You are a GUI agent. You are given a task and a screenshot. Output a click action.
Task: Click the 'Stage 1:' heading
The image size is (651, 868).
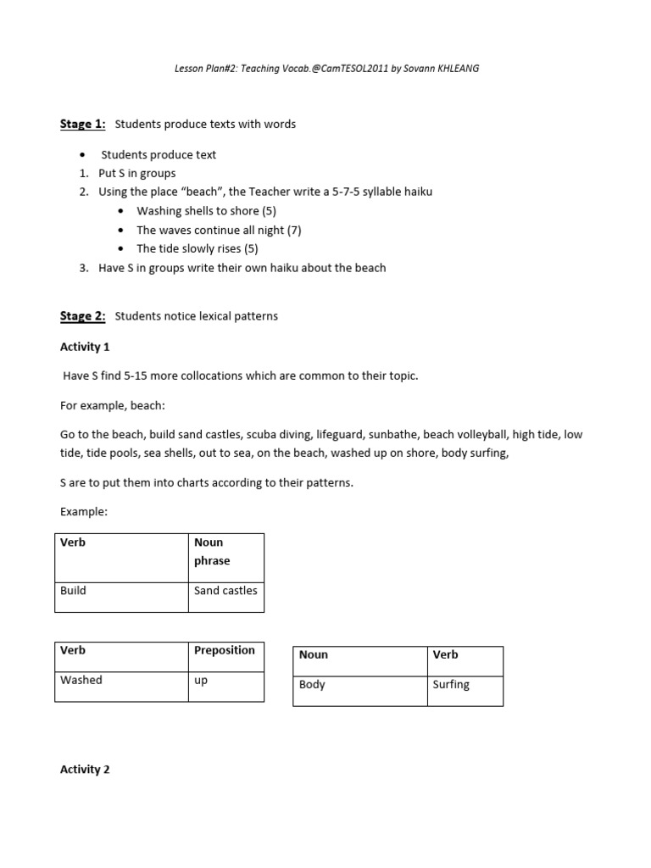(82, 125)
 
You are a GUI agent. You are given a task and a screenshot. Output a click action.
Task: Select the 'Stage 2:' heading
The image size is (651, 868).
(82, 316)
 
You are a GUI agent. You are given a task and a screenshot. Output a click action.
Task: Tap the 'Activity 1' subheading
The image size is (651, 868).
(85, 347)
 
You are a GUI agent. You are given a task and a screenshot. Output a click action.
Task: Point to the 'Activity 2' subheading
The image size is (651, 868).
(85, 770)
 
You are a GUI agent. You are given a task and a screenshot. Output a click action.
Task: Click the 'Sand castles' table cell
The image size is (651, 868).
(225, 591)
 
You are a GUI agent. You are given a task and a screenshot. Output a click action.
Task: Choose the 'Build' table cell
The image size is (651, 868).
(74, 591)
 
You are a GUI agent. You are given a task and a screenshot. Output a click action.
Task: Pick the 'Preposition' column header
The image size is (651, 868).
(225, 650)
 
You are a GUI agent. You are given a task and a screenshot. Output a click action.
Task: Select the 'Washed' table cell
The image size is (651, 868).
(81, 680)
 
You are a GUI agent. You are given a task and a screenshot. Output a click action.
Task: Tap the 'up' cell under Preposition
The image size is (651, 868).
(201, 680)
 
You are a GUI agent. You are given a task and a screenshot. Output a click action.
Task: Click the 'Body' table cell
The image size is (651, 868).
(312, 684)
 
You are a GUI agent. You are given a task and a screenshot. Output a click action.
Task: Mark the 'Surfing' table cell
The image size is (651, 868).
(451, 684)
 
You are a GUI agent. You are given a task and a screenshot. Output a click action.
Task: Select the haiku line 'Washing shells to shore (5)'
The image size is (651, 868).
(206, 211)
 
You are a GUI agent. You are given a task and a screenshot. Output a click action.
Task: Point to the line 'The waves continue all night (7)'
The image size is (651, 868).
(219, 230)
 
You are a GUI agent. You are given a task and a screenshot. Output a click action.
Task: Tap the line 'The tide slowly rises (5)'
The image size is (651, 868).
(198, 248)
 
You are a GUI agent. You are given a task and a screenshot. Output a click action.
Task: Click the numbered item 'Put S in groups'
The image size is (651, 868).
(137, 173)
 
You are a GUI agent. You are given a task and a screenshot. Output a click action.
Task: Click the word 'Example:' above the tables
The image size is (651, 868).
(84, 512)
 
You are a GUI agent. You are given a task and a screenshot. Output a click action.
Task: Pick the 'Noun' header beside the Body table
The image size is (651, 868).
(314, 654)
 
